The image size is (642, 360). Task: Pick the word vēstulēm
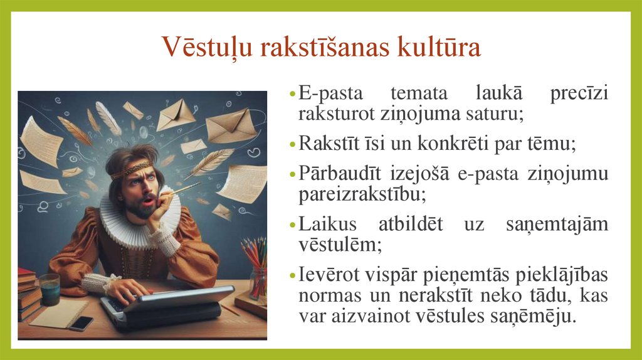pyautogui.click(x=339, y=243)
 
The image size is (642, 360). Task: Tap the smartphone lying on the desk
pyautogui.click(x=81, y=323)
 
